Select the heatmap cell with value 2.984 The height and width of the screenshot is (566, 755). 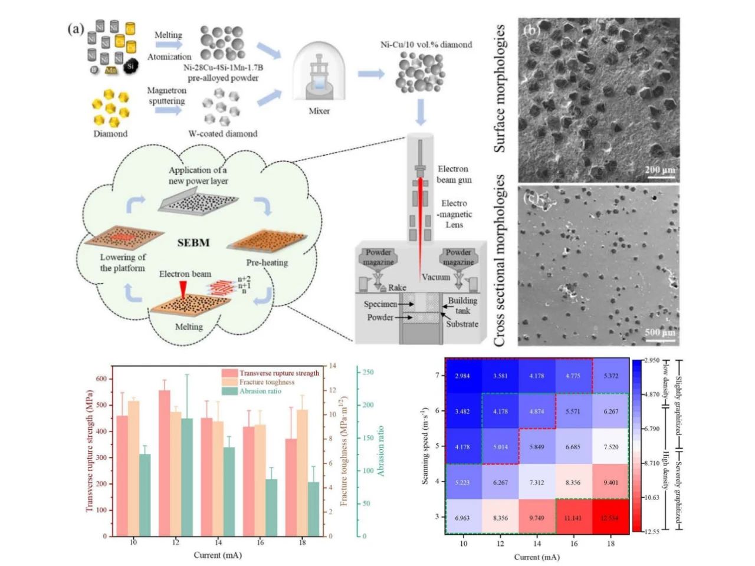pos(463,376)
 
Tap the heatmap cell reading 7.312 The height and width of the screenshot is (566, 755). pos(536,482)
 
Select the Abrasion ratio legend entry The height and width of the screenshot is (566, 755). pos(260,391)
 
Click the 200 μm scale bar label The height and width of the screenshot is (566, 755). pos(659,170)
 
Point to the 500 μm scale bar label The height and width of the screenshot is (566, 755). pos(659,333)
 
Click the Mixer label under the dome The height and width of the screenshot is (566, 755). pos(319,110)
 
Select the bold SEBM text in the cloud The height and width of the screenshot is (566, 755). pos(193,242)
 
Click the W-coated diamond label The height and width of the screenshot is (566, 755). pos(223,133)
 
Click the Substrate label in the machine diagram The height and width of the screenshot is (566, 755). pos(462,324)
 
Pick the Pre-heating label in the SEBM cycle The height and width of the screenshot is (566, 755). pos(267,262)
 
